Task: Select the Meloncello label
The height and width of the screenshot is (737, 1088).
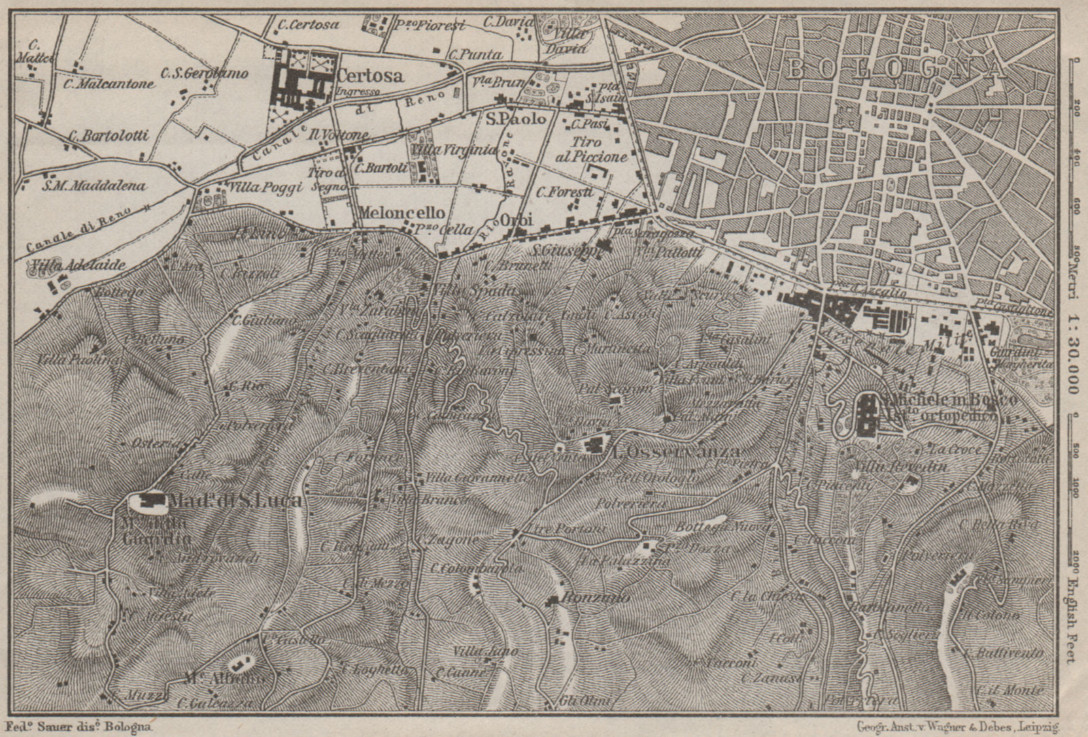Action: [402, 212]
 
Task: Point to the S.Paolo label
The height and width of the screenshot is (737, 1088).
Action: [515, 119]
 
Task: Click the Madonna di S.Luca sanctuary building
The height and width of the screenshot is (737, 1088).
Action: [150, 502]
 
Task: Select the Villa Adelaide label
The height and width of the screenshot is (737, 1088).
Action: [78, 265]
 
